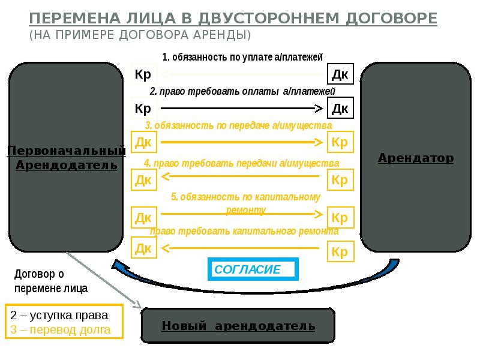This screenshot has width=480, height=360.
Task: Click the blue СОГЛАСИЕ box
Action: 253,269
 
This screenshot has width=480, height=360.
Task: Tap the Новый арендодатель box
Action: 238,326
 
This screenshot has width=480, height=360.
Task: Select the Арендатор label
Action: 415,158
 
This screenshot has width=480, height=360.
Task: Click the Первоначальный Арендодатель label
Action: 66,158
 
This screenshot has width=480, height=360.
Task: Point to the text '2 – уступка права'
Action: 59,316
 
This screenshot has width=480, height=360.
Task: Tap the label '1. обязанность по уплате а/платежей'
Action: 242,58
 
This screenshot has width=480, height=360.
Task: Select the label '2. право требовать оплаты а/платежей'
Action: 242,91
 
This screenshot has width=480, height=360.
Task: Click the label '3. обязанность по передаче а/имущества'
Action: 238,126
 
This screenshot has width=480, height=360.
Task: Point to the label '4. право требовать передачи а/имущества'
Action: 241,163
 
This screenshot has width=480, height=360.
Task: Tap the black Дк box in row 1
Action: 340,74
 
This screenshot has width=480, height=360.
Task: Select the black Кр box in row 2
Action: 143,109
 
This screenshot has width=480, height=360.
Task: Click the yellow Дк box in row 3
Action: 143,142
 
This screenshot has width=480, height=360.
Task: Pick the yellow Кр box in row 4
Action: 340,179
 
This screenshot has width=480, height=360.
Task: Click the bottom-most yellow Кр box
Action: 340,251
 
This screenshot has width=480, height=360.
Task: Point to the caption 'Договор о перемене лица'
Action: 50,281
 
